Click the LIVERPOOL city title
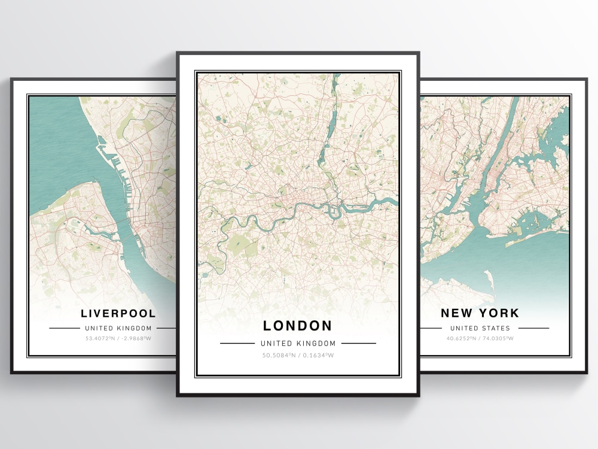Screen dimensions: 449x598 118,313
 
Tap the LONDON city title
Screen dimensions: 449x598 298,326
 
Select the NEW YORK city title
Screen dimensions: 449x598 480,313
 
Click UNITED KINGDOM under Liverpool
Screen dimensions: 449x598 118,328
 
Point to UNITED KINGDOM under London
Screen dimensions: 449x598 298,344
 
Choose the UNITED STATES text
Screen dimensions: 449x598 480,328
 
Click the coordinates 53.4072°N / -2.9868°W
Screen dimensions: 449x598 118,338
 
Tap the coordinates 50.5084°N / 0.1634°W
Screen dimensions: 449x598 298,355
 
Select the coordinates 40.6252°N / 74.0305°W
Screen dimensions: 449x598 480,338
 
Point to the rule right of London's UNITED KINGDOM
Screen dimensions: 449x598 358,344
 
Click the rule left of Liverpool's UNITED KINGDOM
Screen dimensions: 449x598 64,328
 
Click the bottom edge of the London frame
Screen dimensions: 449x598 298,394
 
